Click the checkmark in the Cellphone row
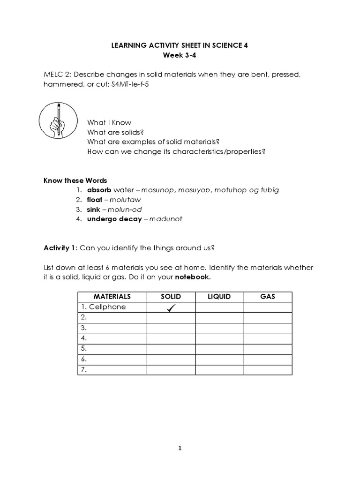[171, 307]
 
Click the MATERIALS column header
[112, 297]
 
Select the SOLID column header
[171, 297]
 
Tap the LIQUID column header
[219, 297]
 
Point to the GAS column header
[268, 297]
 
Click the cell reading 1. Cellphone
[103, 307]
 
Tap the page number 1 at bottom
[180, 448]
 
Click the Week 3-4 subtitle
[180, 55]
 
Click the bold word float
[94, 200]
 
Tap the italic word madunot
[166, 219]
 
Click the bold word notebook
[192, 277]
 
